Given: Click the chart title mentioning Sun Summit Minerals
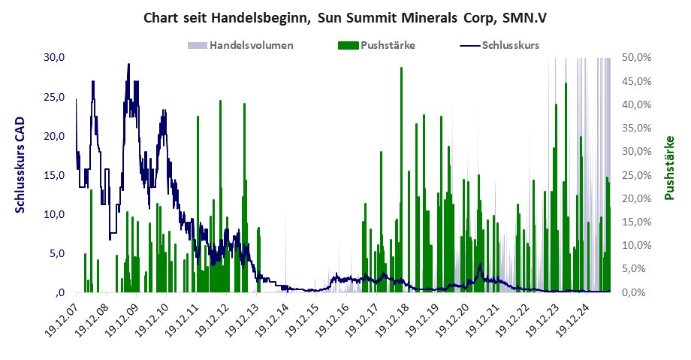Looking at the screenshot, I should click(x=345, y=17).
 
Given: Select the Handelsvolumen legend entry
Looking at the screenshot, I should click(x=251, y=45).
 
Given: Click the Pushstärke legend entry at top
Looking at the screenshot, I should click(x=388, y=45).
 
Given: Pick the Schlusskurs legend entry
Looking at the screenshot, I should click(x=510, y=45).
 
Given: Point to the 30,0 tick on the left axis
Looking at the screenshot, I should click(x=55, y=58).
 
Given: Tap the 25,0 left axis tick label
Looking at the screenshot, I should click(x=55, y=97).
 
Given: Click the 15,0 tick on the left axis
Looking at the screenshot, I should click(x=55, y=175).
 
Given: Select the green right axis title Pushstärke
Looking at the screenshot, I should click(x=668, y=168).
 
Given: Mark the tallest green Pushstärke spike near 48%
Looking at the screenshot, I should click(x=402, y=68).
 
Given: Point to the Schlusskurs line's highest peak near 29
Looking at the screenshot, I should click(x=128, y=65).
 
